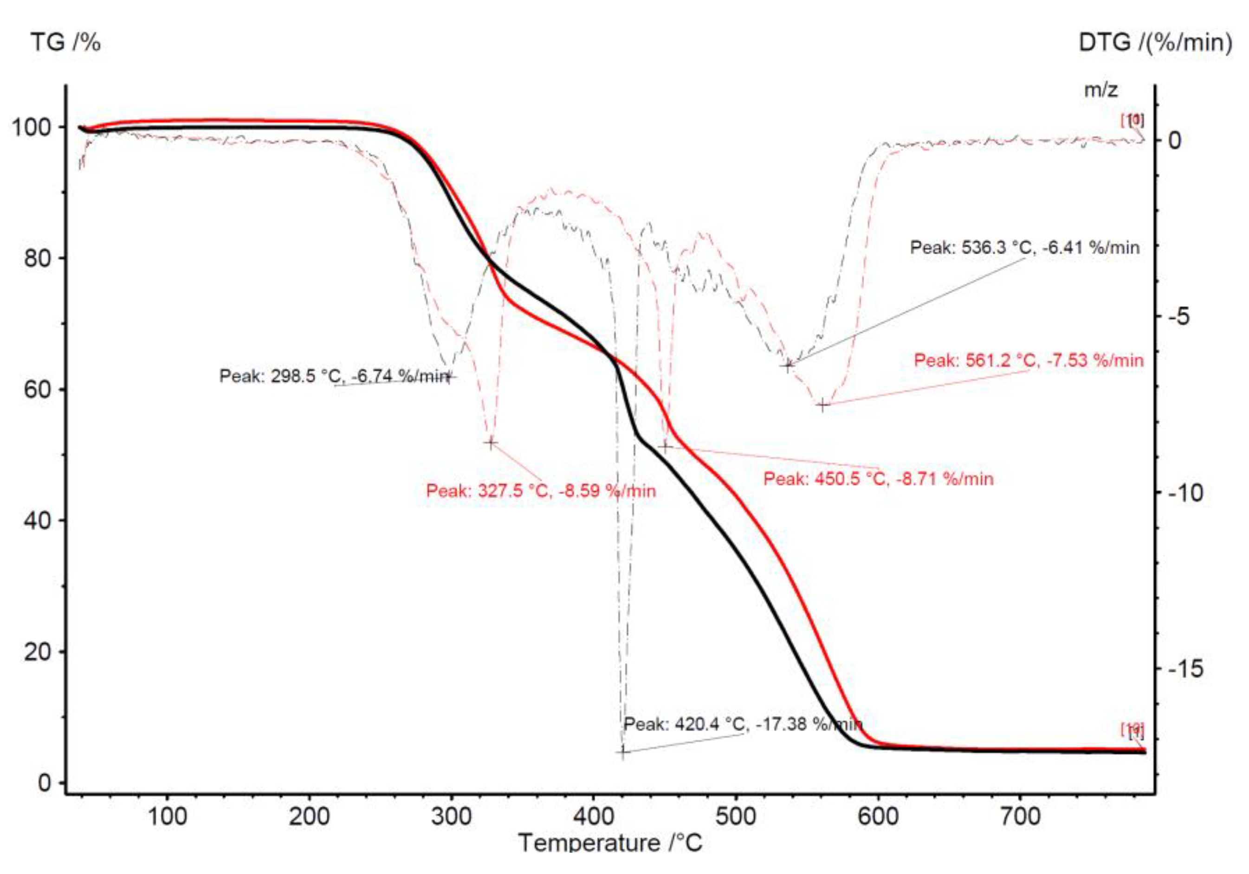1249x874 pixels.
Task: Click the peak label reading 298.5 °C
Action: (x=334, y=376)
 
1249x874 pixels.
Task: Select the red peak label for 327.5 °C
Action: (x=541, y=491)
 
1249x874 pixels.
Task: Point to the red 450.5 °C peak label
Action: (x=878, y=479)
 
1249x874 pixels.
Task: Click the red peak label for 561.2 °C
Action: (x=1028, y=360)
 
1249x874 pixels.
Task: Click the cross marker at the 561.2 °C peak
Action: (x=822, y=405)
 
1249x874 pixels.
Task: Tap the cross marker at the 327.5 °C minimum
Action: (x=491, y=443)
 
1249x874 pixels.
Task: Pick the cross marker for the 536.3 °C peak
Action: (x=788, y=366)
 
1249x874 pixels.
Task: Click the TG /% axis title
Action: (x=66, y=42)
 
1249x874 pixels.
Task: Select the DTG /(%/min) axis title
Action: (x=1155, y=42)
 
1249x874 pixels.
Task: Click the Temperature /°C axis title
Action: (x=610, y=843)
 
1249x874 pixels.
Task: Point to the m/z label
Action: (x=1101, y=90)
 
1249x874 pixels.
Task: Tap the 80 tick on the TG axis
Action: (x=38, y=258)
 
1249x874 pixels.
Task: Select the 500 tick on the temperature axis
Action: (x=736, y=816)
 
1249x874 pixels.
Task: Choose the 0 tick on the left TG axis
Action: (x=44, y=783)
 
